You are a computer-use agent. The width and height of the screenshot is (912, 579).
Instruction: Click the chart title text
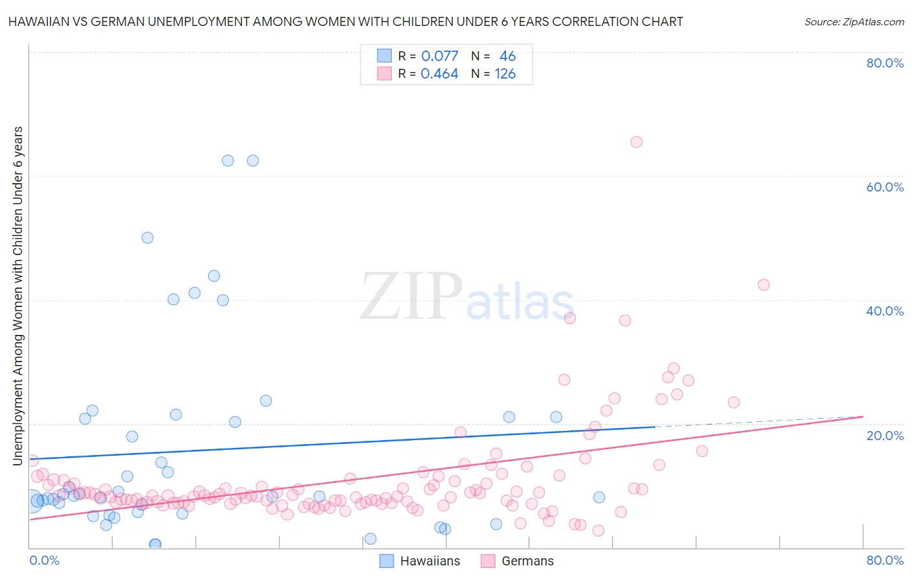pyautogui.click(x=345, y=21)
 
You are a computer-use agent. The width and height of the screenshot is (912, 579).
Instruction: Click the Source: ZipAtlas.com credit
pyautogui.click(x=854, y=21)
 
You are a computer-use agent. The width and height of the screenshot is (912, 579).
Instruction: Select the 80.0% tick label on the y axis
pyautogui.click(x=885, y=63)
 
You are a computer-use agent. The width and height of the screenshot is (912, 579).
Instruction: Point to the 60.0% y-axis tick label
pyautogui.click(x=885, y=187)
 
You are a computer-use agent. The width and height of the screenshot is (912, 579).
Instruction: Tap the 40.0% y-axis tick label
pyautogui.click(x=885, y=311)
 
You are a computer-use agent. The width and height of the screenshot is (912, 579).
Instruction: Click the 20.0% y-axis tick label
pyautogui.click(x=885, y=436)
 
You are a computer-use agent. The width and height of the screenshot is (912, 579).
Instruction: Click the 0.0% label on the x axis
pyautogui.click(x=44, y=560)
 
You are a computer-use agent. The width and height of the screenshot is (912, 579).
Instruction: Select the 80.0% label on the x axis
pyautogui.click(x=885, y=560)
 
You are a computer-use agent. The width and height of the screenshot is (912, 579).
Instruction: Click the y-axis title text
pyautogui.click(x=18, y=296)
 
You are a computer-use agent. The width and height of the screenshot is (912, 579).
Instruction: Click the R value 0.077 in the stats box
pyautogui.click(x=439, y=56)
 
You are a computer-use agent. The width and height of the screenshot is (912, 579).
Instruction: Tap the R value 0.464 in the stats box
pyautogui.click(x=439, y=74)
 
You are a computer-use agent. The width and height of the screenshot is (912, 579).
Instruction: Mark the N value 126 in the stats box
pyautogui.click(x=505, y=74)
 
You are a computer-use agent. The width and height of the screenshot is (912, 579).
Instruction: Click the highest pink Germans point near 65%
pyautogui.click(x=636, y=142)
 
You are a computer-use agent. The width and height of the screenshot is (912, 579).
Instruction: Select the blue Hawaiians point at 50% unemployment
pyautogui.click(x=147, y=238)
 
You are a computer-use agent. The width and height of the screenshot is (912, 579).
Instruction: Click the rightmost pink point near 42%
pyautogui.click(x=763, y=285)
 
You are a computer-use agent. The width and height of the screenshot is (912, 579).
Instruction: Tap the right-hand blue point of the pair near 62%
pyautogui.click(x=253, y=160)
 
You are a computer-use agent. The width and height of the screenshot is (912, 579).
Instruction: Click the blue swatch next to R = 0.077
pyautogui.click(x=385, y=56)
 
